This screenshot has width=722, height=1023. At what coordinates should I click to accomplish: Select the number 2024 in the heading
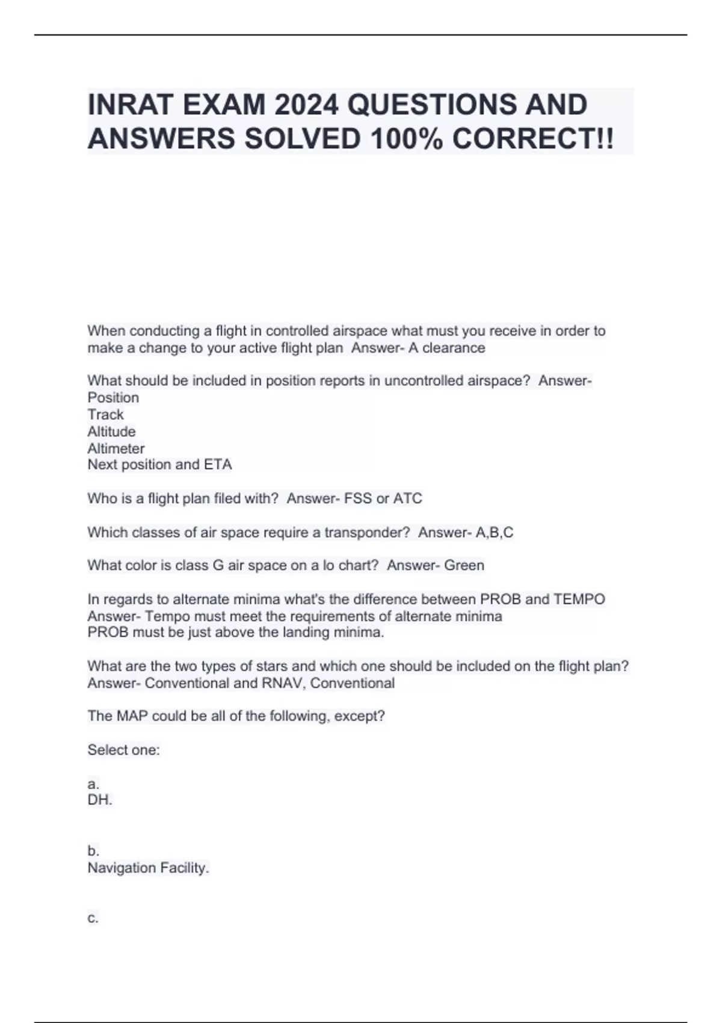click(x=306, y=105)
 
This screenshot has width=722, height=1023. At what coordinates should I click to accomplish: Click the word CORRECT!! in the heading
click(x=533, y=139)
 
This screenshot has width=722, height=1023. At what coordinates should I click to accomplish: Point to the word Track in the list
click(x=105, y=415)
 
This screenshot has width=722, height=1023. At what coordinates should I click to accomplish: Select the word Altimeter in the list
click(x=116, y=448)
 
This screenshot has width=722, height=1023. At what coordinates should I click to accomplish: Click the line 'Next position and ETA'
click(x=159, y=465)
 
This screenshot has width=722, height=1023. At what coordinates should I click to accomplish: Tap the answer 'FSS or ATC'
click(x=383, y=498)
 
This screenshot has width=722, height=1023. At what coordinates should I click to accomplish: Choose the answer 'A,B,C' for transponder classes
click(x=495, y=533)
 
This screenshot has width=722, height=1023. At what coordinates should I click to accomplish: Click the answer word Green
click(x=464, y=566)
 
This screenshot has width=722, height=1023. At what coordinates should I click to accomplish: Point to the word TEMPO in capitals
click(x=579, y=599)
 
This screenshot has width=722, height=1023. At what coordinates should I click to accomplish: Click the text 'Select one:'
click(x=123, y=750)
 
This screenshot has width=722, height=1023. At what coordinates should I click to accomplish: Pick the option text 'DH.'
click(x=100, y=800)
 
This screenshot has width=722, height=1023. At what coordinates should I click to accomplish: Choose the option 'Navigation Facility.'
click(x=148, y=868)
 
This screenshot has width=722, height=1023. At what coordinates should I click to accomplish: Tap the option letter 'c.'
click(x=93, y=918)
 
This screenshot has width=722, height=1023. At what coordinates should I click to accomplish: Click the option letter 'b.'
click(x=93, y=851)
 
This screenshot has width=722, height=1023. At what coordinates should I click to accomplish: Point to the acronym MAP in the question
click(x=132, y=716)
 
